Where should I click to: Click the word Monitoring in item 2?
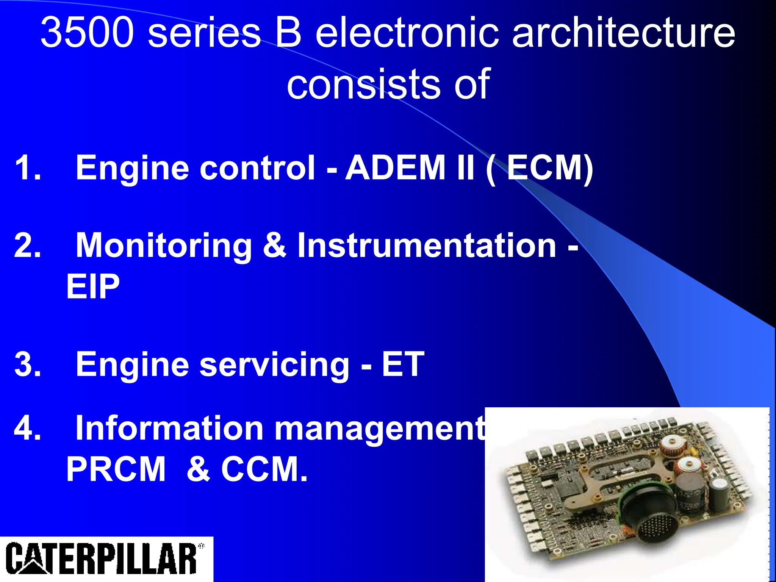[x=164, y=246]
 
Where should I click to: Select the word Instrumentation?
[x=427, y=246]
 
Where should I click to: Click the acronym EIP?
[x=93, y=286]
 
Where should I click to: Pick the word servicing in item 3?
[x=274, y=365]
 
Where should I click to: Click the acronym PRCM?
[x=116, y=469]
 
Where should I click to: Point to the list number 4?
[x=27, y=428]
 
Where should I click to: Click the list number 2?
[x=27, y=246]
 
